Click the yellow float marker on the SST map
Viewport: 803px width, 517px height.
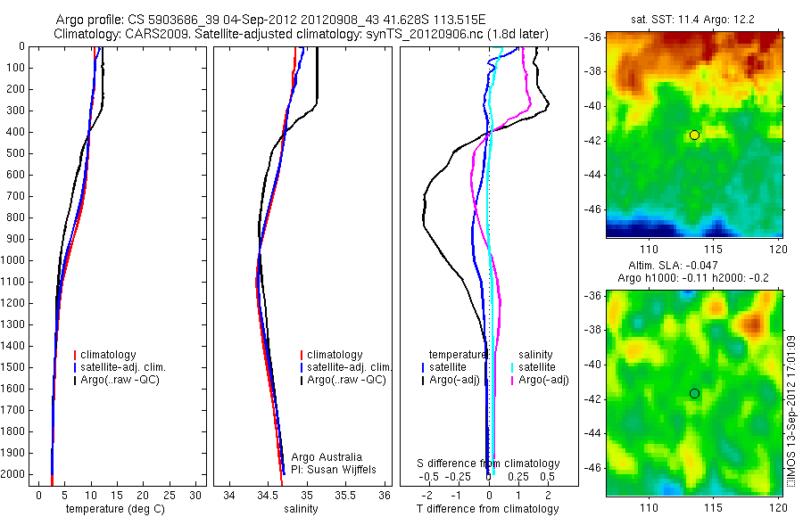pos(694,135)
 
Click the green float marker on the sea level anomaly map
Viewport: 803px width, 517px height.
pos(694,393)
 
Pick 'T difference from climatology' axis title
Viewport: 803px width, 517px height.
pos(487,509)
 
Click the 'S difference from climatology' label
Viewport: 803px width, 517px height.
pos(488,464)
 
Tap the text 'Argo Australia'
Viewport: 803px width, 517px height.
pos(329,456)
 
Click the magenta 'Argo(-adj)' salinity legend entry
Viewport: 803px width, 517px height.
pos(544,380)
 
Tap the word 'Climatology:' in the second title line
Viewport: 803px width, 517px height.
pos(88,33)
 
